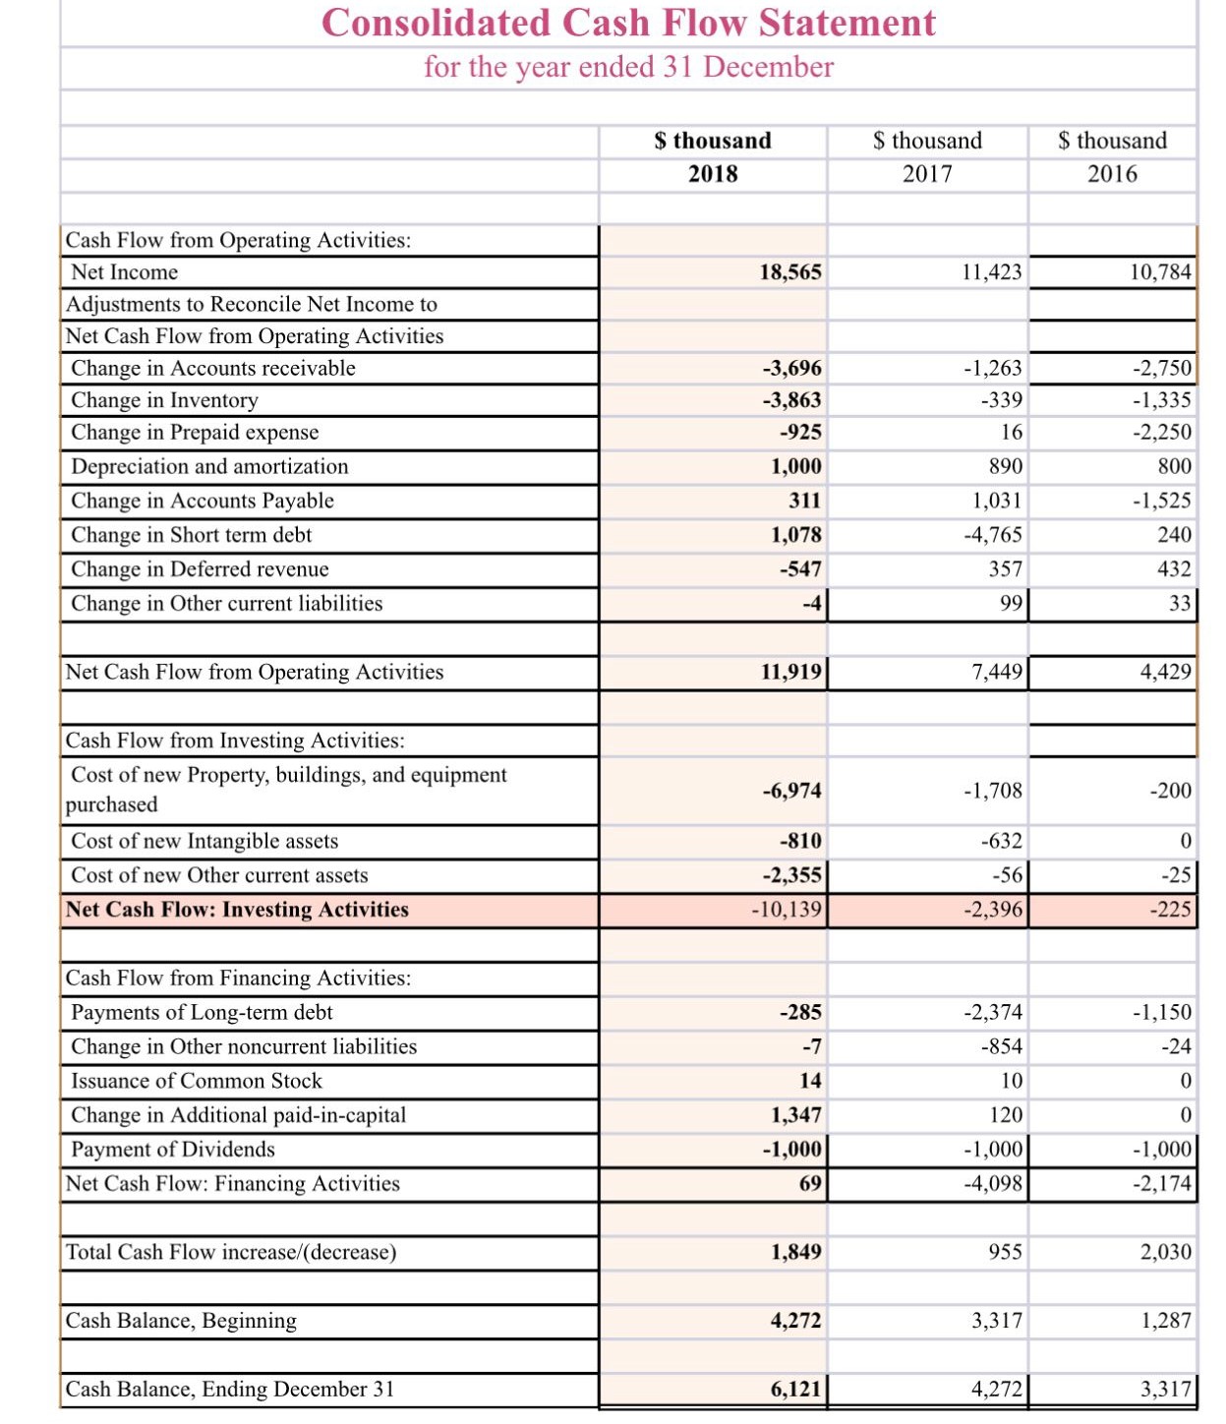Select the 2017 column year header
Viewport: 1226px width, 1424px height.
point(927,174)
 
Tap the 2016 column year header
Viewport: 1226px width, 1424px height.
point(1112,174)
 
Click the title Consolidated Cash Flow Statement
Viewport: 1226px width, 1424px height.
point(628,23)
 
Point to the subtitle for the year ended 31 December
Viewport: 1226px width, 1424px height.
point(628,67)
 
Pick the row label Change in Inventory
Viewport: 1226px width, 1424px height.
point(164,400)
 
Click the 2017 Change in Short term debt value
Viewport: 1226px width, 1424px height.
point(993,535)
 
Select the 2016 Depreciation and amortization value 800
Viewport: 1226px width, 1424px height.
point(1174,466)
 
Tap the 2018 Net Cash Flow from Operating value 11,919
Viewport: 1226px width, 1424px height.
point(790,672)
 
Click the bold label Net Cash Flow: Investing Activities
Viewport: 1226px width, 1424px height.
point(237,910)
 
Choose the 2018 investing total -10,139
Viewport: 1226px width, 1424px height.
point(786,910)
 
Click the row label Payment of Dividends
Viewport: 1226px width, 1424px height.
point(173,1150)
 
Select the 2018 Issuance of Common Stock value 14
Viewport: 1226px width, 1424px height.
point(810,1081)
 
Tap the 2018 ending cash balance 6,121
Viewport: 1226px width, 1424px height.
point(795,1389)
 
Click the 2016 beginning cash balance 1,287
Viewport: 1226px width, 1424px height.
point(1166,1321)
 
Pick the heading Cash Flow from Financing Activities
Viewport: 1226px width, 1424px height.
point(238,978)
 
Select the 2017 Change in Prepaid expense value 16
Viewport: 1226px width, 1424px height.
point(1012,433)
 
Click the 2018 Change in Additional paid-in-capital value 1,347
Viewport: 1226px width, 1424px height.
point(795,1115)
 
